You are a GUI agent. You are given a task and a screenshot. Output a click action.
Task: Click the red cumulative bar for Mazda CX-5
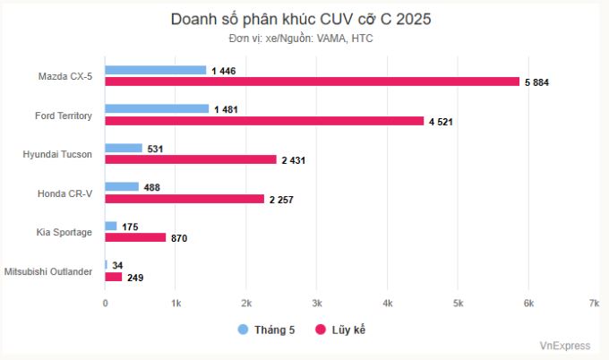(x=312, y=81)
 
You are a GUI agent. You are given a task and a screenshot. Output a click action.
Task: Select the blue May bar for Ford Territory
(x=157, y=108)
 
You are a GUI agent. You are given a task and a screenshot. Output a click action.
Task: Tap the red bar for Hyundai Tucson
(x=191, y=159)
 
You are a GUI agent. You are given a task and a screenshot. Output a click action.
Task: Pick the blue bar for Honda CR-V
(x=122, y=186)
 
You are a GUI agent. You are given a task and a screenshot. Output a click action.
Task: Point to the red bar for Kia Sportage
(x=135, y=237)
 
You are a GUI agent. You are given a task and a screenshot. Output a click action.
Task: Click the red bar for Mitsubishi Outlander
(x=114, y=277)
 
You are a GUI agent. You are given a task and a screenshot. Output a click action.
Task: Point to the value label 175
(x=130, y=227)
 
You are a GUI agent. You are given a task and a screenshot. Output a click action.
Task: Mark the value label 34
(x=117, y=265)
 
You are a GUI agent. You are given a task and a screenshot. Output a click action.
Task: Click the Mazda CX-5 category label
(x=65, y=76)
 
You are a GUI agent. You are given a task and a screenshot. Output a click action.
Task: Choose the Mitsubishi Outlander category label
(x=48, y=270)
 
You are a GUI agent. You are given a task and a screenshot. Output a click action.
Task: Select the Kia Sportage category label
(x=64, y=232)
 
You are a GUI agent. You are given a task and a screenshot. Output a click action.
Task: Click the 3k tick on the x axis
(x=316, y=304)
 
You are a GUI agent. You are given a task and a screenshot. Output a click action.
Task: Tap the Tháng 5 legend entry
(x=266, y=330)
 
